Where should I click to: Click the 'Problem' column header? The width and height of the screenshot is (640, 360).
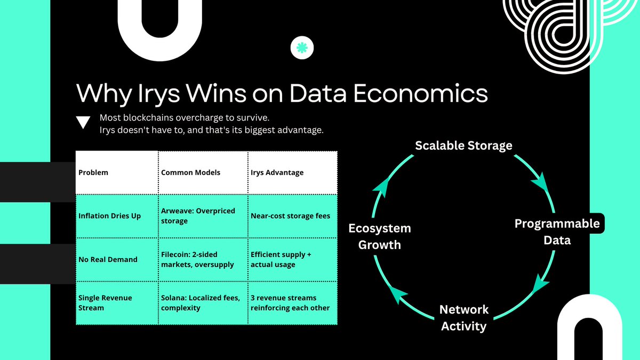coord(93,172)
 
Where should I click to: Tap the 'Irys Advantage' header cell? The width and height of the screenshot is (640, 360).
coord(277,172)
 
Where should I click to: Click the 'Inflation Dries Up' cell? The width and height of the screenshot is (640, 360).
coord(110,216)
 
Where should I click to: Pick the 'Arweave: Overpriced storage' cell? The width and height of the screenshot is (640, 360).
coord(198,216)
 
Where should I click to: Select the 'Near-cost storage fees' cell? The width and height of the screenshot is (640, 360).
coord(290,216)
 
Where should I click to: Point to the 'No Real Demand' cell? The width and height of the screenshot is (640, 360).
coord(108,259)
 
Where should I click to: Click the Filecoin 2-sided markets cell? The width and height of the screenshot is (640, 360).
coord(197,259)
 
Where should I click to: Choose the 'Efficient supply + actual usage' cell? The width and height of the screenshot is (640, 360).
coord(281,259)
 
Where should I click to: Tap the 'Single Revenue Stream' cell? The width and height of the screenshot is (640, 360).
coord(105,302)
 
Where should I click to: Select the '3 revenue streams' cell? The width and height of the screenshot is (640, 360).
coord(290,302)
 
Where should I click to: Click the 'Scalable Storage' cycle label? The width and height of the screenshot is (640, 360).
coord(463,145)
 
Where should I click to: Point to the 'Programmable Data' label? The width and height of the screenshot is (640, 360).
coord(557,231)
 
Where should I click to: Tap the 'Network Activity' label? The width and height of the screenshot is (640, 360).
coord(463,317)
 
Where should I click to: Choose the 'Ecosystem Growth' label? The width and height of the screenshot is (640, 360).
coord(379,236)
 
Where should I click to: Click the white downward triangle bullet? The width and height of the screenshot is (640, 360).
coord(83,123)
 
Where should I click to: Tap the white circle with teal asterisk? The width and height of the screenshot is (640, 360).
coord(302,48)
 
